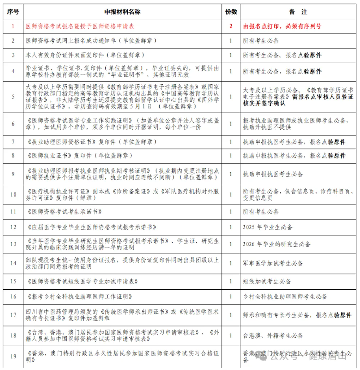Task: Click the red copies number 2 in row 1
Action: (x=231, y=26)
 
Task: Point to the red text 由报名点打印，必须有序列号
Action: (x=282, y=26)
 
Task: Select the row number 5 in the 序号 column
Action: (x=13, y=96)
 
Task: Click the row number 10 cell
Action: (x=13, y=194)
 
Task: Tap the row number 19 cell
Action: (x=13, y=357)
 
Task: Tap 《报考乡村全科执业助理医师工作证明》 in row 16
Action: (x=79, y=296)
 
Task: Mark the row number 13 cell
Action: (x=13, y=244)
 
